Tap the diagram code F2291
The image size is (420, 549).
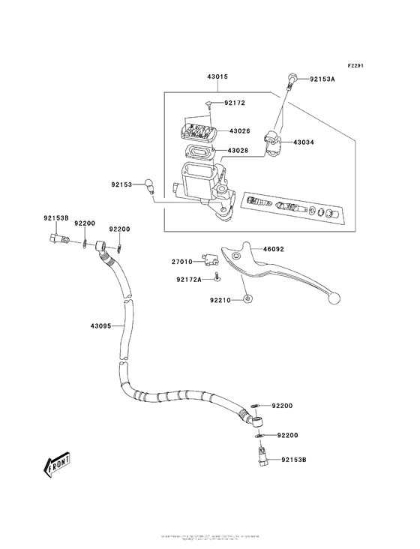355,65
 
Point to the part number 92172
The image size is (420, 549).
235,103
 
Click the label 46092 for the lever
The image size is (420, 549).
274,250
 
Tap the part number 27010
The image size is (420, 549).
182,262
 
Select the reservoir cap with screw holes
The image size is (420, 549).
196,133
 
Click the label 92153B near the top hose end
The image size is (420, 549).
55,218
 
